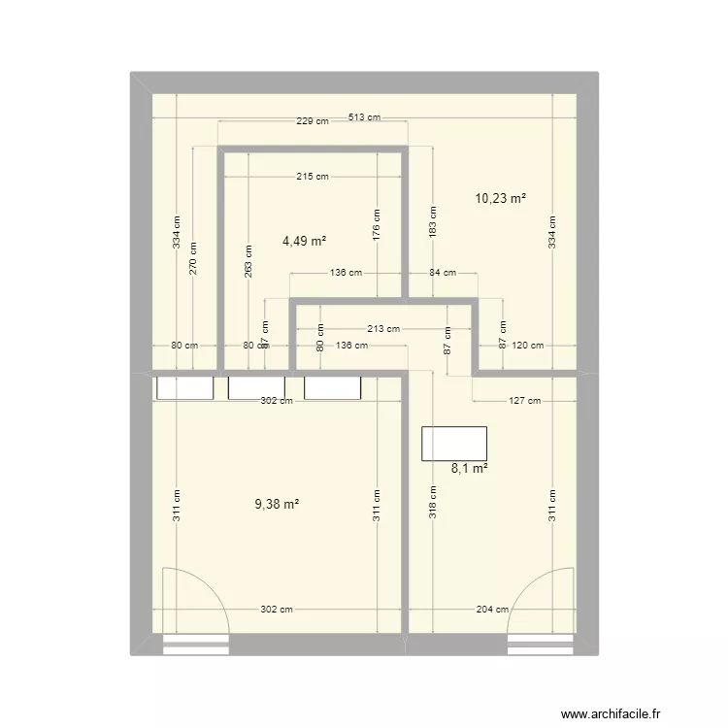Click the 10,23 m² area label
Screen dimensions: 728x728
click(x=500, y=198)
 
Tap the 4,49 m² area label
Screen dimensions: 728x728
click(x=304, y=242)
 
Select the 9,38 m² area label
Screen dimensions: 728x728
click(x=277, y=504)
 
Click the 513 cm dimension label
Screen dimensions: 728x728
click(x=364, y=117)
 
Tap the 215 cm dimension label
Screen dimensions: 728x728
click(x=313, y=177)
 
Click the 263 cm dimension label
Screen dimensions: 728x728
click(x=249, y=263)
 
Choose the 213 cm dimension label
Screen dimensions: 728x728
click(x=383, y=328)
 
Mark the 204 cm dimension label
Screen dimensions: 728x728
click(x=492, y=610)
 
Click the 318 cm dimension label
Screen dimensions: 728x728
click(x=433, y=503)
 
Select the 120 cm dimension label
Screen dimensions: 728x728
click(x=530, y=345)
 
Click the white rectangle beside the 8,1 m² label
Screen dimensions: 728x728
click(x=453, y=443)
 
